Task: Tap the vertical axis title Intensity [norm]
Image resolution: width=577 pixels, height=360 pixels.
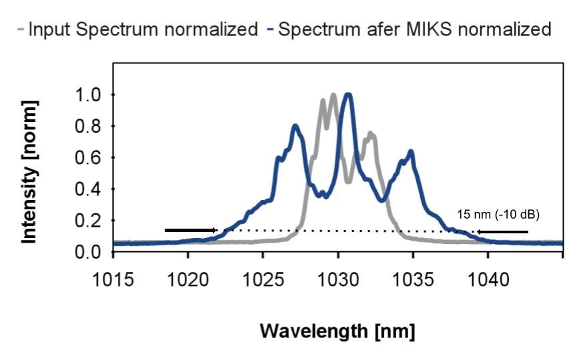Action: click(29, 171)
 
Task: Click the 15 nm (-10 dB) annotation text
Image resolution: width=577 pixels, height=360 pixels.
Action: click(498, 215)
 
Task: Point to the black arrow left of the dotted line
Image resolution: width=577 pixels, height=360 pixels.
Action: click(190, 231)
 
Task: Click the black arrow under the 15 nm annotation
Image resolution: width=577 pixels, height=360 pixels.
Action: click(502, 232)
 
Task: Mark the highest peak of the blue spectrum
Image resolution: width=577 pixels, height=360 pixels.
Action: click(347, 95)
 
